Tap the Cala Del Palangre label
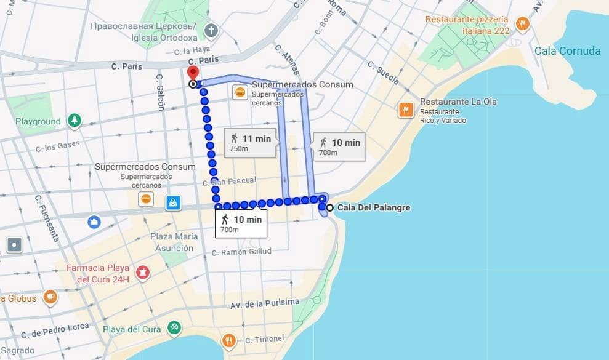click(x=373, y=208)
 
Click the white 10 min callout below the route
click(x=241, y=223)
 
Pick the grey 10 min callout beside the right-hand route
click(x=339, y=146)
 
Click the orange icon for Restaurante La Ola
click(x=405, y=110)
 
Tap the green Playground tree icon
click(x=75, y=121)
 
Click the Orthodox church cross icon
click(x=211, y=30)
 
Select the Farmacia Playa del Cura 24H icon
click(x=143, y=271)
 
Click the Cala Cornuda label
click(x=567, y=51)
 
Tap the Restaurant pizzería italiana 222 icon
click(x=522, y=24)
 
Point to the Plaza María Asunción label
click(x=174, y=242)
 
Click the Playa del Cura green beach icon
click(x=175, y=328)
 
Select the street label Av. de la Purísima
click(x=265, y=303)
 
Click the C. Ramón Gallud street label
click(x=241, y=252)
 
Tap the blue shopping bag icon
click(x=173, y=202)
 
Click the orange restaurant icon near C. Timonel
click(x=229, y=340)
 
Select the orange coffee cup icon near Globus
click(x=50, y=297)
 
